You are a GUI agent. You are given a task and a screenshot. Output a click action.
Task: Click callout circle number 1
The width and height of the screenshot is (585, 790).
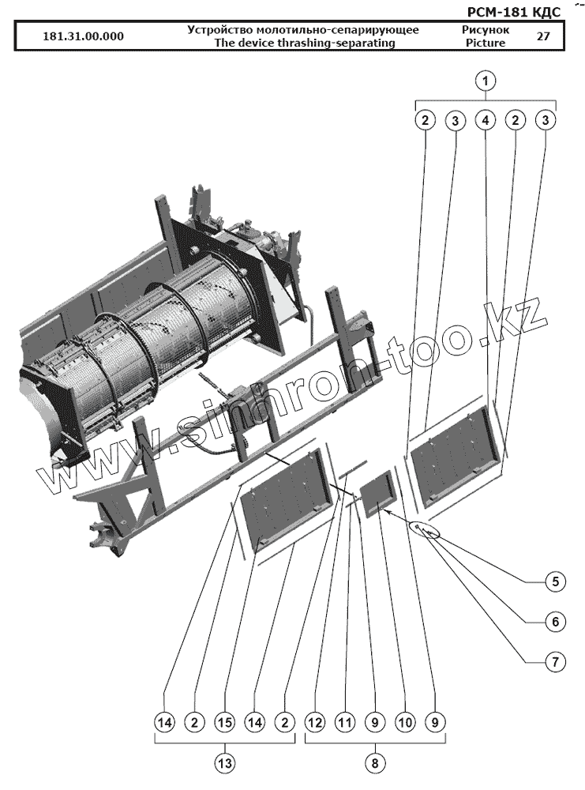point(486,80)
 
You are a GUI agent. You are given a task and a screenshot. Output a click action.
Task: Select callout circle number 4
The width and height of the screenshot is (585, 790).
point(486,120)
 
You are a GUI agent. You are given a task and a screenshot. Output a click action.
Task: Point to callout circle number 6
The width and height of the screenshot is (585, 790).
point(554,622)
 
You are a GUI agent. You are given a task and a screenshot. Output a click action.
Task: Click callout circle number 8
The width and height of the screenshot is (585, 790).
point(374,763)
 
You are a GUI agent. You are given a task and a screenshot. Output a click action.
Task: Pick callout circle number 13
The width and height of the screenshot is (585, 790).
point(224,763)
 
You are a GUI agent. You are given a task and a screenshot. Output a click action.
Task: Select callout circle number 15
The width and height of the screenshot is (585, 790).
point(224,722)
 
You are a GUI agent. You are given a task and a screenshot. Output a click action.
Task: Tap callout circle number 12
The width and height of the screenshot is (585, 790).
point(314,722)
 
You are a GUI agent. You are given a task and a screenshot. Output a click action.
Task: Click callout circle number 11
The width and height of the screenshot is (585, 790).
point(344,722)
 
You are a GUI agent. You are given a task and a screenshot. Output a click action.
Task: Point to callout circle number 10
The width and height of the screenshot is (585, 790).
point(404,722)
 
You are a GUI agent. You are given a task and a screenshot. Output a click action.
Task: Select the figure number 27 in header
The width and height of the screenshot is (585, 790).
point(543,36)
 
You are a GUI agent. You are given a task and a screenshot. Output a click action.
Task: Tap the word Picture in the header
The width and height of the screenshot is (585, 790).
point(486,43)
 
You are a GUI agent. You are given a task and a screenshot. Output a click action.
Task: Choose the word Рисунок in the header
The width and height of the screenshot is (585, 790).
point(486,30)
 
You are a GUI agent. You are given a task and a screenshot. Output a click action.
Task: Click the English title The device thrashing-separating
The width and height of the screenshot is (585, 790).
point(304,43)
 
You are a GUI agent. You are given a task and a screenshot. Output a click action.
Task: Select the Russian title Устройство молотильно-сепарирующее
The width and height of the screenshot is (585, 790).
point(303,30)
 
